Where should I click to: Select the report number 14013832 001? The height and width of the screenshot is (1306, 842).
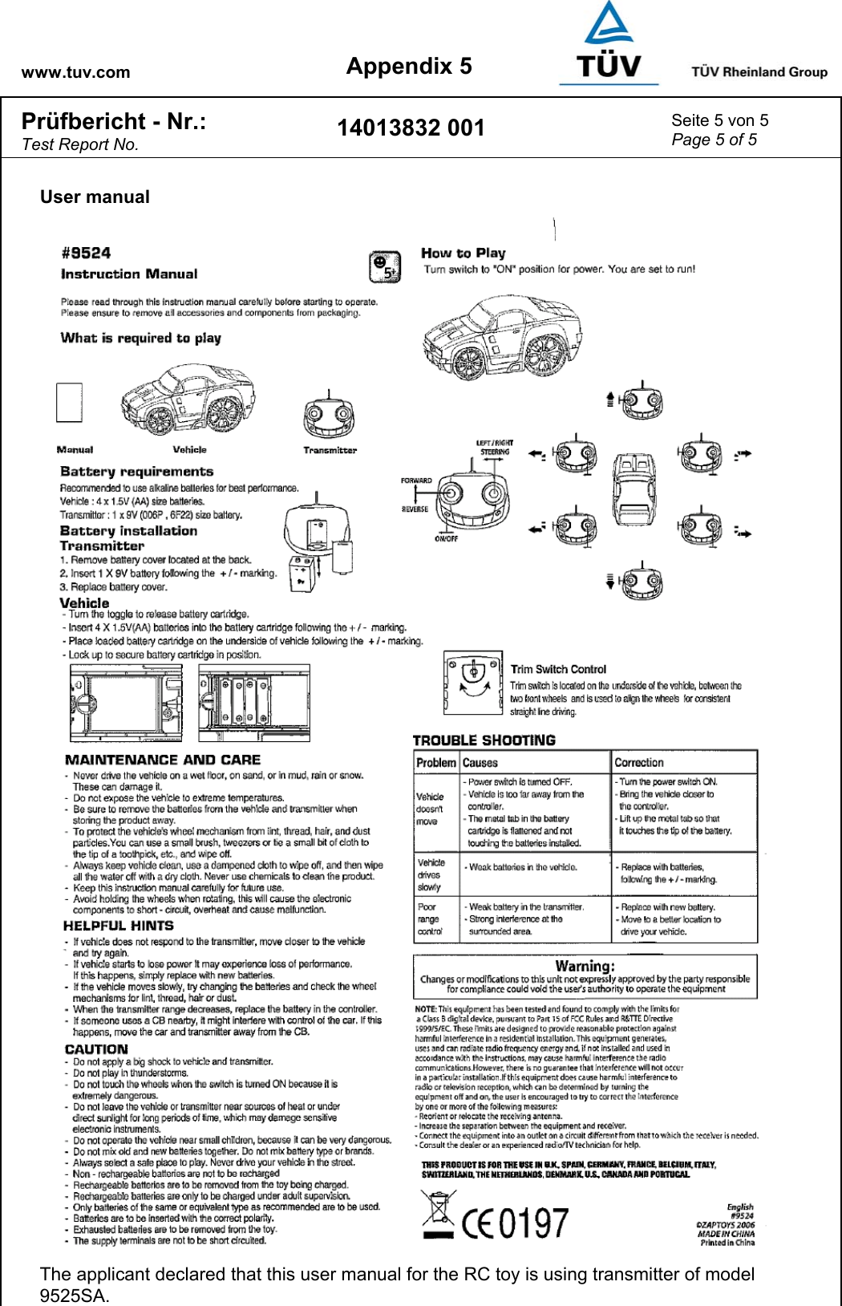(x=411, y=128)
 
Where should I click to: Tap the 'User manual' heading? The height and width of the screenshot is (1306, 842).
(x=95, y=197)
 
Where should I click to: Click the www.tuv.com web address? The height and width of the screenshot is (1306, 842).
(x=75, y=72)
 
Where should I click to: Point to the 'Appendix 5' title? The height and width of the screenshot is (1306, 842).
(x=409, y=67)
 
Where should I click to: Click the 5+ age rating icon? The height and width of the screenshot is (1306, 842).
(x=385, y=267)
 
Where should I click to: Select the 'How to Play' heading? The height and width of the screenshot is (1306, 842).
(x=464, y=253)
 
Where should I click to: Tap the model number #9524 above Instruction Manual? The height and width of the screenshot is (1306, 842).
(x=86, y=253)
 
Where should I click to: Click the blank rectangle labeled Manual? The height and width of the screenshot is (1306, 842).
(x=69, y=402)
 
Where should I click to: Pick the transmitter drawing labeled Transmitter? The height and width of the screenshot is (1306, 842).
(x=329, y=417)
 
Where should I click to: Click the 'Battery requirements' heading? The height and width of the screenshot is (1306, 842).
(x=136, y=472)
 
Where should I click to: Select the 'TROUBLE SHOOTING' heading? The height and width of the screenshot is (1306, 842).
(x=484, y=740)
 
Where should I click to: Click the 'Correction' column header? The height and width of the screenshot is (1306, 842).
(x=639, y=763)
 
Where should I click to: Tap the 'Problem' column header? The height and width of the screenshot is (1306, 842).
(x=436, y=763)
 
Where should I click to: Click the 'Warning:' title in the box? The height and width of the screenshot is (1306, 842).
(x=585, y=966)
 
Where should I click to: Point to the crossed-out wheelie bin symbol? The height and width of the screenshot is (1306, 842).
(x=438, y=1216)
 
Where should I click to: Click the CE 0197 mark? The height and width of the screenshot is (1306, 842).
(x=516, y=1223)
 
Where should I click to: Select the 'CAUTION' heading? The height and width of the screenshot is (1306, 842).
(x=96, y=1049)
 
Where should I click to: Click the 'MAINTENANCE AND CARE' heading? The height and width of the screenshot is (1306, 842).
(x=163, y=760)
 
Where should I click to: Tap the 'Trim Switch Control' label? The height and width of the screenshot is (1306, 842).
(x=558, y=669)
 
